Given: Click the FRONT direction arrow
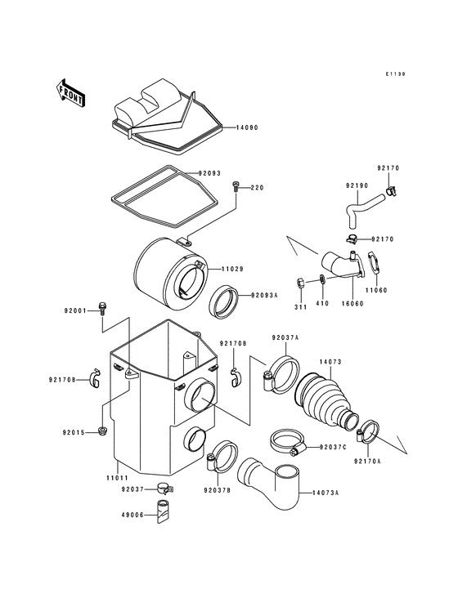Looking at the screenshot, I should coord(71,92).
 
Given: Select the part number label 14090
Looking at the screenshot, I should coord(247,128).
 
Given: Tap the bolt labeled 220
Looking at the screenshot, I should coord(236,188).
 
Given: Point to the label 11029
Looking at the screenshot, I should coord(230,269).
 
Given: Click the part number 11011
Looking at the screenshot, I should coord(117,477).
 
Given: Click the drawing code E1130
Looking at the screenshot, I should coord(397,74).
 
